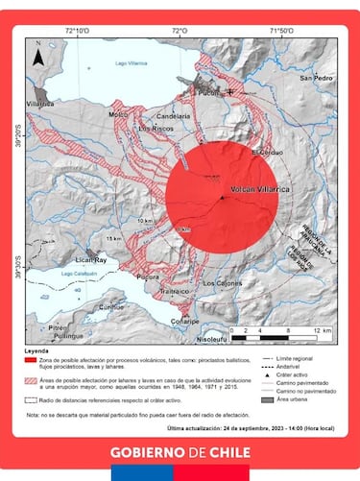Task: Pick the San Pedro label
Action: point(314,78)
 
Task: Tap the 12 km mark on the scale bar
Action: point(325,329)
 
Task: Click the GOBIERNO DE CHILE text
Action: point(180,451)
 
